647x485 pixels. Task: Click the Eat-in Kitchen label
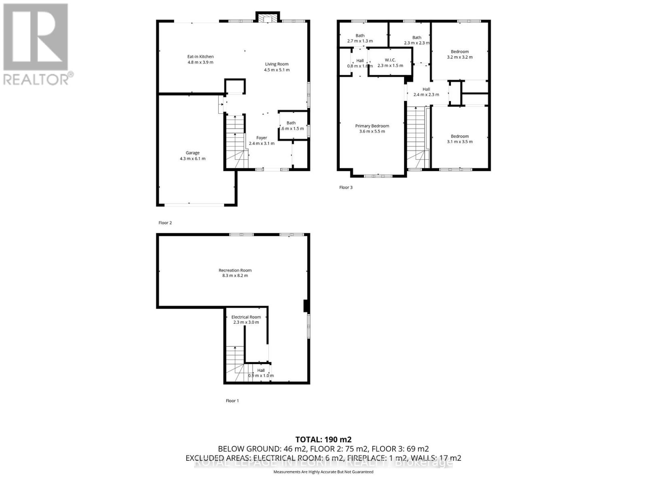pyautogui.click(x=200, y=57)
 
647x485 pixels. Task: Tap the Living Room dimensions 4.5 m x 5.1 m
pyautogui.click(x=277, y=70)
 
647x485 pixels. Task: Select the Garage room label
pyautogui.click(x=192, y=153)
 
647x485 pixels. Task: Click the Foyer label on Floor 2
pyautogui.click(x=262, y=138)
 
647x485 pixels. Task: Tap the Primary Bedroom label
pyautogui.click(x=372, y=126)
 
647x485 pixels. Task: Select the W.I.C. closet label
pyautogui.click(x=390, y=60)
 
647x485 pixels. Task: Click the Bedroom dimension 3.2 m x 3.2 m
pyautogui.click(x=460, y=57)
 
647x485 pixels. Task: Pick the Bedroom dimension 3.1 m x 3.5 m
pyautogui.click(x=460, y=141)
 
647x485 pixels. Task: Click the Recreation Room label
pyautogui.click(x=235, y=270)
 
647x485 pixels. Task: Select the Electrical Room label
pyautogui.click(x=246, y=317)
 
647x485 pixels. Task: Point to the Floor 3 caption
pyautogui.click(x=346, y=188)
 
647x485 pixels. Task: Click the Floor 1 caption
pyautogui.click(x=232, y=401)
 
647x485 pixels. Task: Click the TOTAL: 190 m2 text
pyautogui.click(x=323, y=439)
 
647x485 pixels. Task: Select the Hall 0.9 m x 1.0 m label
pyautogui.click(x=261, y=370)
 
